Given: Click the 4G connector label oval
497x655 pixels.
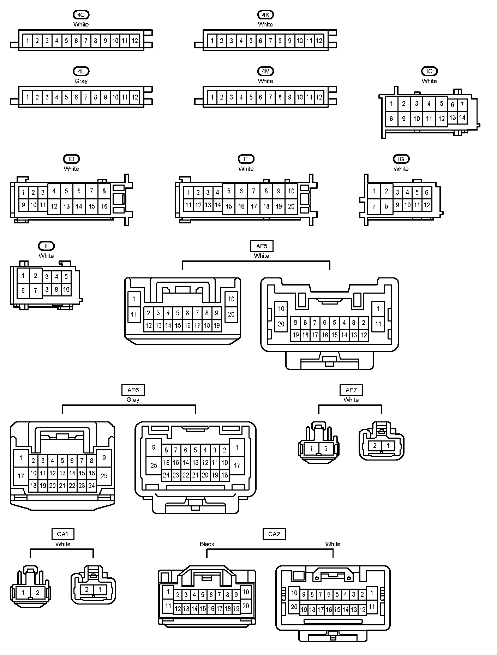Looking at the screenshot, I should pos(81,15).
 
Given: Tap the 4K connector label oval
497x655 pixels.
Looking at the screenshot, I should pos(265,15).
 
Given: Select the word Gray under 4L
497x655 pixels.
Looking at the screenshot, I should pos(81,81).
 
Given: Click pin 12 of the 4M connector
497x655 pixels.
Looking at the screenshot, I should pos(319,97).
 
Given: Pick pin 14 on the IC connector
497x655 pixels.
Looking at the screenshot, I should pos(462,118).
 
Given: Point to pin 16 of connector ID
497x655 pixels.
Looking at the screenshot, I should pos(104,206).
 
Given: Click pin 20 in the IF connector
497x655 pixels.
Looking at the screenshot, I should pos(291,206).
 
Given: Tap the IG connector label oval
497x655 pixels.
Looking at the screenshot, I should pos(401,159).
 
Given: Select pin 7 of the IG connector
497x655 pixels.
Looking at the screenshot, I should pos(374,206).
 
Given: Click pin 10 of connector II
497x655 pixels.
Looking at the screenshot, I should pos(66,290).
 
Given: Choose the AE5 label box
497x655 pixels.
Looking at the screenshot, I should pos(262,246).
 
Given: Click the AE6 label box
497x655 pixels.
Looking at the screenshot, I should pos(133,390).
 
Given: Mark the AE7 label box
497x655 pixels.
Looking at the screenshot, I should pos(351,390).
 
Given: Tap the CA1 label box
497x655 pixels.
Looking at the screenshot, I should pos(62,534).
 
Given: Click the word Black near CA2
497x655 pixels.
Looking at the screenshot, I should pos(207,544).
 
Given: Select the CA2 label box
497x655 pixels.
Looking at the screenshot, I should pos(274,534).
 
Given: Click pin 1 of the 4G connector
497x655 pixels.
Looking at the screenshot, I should pos(28,41).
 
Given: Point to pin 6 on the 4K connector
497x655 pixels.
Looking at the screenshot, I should pos(261,41).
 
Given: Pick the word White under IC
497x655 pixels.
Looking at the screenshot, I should pos(429,81).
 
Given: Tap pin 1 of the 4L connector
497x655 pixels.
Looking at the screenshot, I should pos(28,97).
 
